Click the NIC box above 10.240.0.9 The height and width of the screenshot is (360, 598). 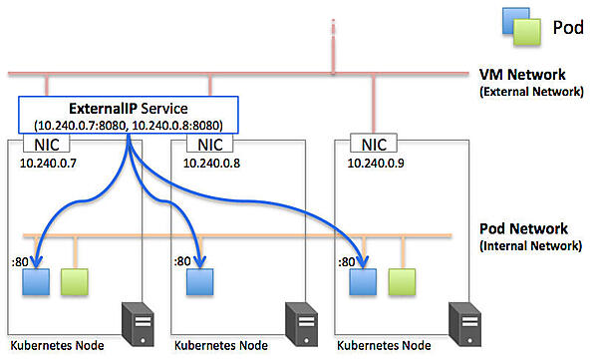[x=376, y=143]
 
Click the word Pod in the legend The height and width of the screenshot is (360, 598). [x=568, y=27]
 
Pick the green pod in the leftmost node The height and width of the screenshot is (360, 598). [x=74, y=282]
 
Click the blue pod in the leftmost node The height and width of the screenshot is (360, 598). [x=36, y=282]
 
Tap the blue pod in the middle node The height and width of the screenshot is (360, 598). [x=200, y=282]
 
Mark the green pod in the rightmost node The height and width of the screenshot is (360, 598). [x=403, y=282]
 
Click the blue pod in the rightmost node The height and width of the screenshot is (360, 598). [x=364, y=282]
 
